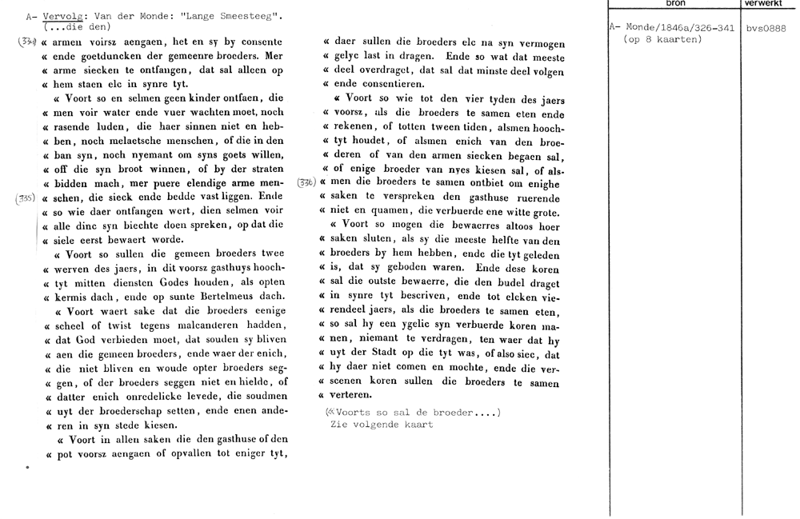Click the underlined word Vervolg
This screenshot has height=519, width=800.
[x=61, y=16]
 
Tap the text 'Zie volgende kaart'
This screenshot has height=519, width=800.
[x=381, y=424]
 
